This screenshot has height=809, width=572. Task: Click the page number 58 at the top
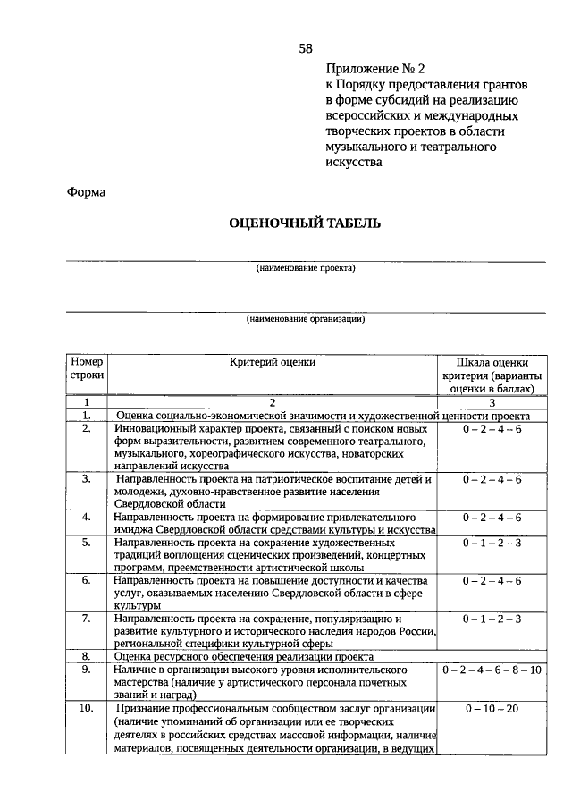click(x=306, y=47)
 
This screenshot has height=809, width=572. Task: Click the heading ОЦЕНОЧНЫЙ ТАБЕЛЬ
click(x=305, y=223)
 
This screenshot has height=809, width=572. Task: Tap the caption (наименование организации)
click(x=306, y=318)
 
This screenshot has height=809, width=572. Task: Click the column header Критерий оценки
click(x=273, y=362)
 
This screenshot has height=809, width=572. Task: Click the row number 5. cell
click(x=87, y=543)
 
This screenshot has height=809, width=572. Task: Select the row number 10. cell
click(x=87, y=709)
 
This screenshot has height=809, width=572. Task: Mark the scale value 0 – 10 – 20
click(x=492, y=709)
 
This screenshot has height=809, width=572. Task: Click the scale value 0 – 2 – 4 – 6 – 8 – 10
click(x=492, y=670)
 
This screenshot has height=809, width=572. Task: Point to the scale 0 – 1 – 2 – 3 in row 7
click(x=492, y=618)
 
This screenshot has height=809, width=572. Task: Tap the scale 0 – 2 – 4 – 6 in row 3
click(x=492, y=480)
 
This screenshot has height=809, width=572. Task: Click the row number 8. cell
click(x=87, y=655)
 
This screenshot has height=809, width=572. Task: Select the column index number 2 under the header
click(x=272, y=403)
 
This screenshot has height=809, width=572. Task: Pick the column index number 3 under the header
click(x=492, y=403)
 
